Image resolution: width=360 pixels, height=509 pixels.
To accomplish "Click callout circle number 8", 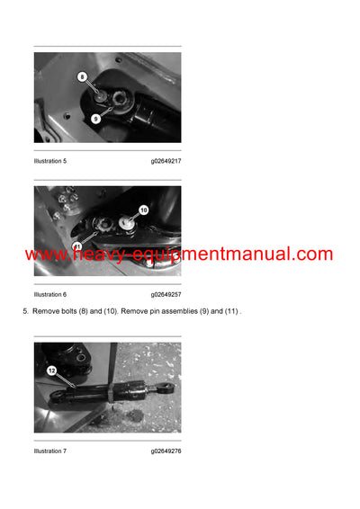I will click(x=82, y=77).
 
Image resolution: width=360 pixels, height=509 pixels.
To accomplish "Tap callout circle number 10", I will click(x=142, y=209).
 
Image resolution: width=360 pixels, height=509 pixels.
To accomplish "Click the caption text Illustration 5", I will click(x=50, y=161).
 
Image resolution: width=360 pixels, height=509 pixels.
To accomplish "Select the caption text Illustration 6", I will click(x=50, y=294).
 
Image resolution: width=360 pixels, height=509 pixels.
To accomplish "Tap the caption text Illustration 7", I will click(x=50, y=451).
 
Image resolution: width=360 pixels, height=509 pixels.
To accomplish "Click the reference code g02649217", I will click(x=166, y=161).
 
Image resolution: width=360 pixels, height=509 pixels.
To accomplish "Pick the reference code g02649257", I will click(x=166, y=294).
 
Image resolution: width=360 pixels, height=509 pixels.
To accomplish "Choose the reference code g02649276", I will click(x=166, y=451).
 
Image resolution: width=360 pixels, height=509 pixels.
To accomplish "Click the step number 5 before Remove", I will click(x=25, y=311).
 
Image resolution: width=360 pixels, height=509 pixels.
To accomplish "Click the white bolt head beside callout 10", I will click(x=127, y=216).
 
